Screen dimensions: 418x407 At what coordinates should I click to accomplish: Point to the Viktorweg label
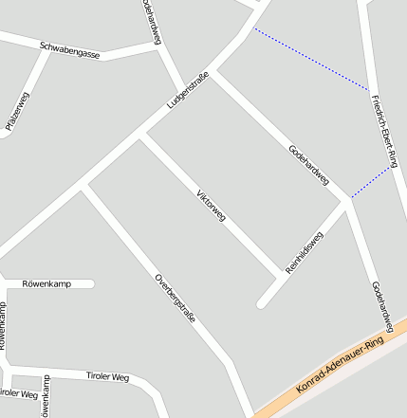(x=211, y=208)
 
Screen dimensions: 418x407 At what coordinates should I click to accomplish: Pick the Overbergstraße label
(x=175, y=299)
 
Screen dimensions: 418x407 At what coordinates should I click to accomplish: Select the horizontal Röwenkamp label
(x=47, y=283)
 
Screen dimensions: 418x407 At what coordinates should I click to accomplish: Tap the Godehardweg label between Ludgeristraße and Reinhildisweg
(x=308, y=164)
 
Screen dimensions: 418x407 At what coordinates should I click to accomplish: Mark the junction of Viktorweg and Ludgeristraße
(x=141, y=136)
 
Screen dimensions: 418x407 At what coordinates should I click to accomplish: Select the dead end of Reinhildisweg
(x=261, y=304)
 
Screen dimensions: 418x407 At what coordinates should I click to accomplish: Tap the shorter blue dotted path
(x=370, y=183)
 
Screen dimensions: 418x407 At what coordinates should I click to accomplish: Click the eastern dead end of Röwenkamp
(x=92, y=283)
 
